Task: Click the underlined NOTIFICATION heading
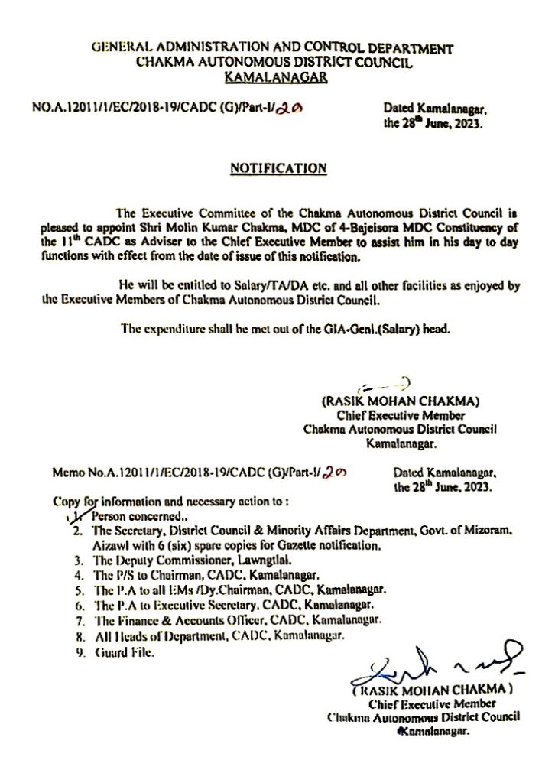point(278,167)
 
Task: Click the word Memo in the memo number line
point(67,476)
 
